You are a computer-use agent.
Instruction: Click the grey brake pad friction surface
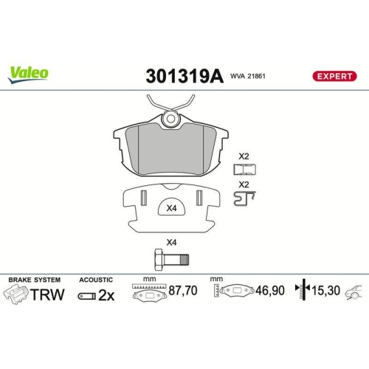(x=170, y=148)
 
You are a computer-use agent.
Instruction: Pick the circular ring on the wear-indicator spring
(x=171, y=117)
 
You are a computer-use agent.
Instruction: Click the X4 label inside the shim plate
(x=172, y=209)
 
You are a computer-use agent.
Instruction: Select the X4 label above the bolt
(x=171, y=241)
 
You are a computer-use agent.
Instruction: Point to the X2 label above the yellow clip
(x=244, y=156)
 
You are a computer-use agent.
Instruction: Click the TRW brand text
(x=50, y=294)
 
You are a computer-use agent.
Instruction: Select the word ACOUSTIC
(x=96, y=280)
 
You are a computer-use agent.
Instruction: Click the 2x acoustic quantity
(x=107, y=294)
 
